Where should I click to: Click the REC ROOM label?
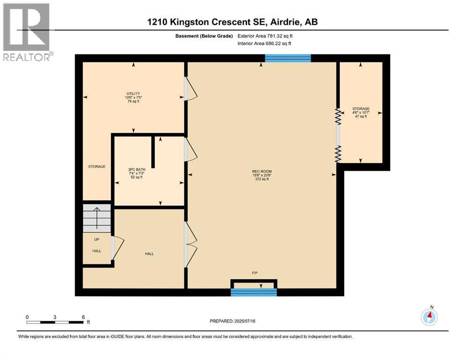[x=262, y=171]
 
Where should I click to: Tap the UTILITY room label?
[x=133, y=93]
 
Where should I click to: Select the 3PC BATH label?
[x=137, y=170]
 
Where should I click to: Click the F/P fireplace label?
[x=254, y=273]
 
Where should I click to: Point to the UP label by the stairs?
[x=96, y=240]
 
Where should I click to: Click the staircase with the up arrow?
[x=96, y=218]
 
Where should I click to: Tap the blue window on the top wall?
[x=288, y=58]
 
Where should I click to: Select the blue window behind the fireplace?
[x=254, y=292]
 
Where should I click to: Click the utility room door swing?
[x=191, y=89]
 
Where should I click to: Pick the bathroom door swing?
[x=191, y=150]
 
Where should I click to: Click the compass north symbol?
[x=429, y=317]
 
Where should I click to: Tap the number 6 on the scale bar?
[x=83, y=317]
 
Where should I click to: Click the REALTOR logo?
[x=27, y=32]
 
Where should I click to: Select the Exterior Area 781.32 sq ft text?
[x=265, y=36]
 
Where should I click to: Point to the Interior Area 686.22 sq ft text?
[x=264, y=43]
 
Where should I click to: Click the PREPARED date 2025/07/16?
[x=232, y=321]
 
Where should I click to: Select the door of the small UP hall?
[x=117, y=248]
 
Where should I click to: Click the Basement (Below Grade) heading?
[x=204, y=36]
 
